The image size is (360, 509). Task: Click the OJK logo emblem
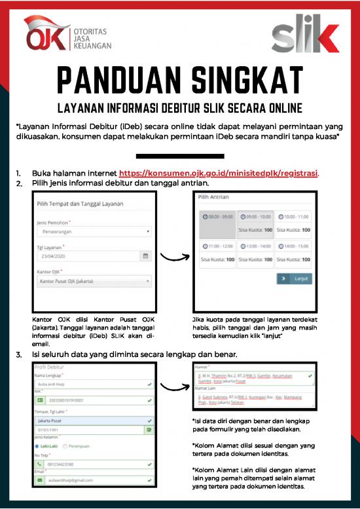coord(46,35)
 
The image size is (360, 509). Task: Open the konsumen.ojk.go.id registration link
coord(219,174)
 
